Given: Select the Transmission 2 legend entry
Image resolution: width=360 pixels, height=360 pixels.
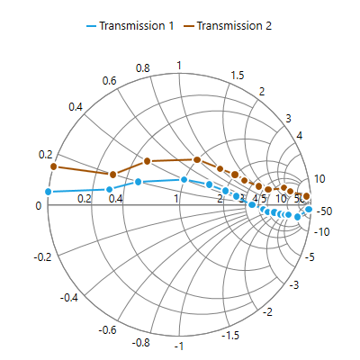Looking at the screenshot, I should point(228,26).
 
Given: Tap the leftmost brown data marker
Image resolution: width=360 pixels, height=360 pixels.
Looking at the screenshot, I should point(54,166).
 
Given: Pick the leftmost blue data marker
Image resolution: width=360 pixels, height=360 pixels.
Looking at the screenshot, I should point(49,192).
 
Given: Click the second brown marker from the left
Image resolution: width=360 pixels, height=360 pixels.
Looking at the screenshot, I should point(112,175).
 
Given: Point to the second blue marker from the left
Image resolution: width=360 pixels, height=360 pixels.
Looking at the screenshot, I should point(109,189).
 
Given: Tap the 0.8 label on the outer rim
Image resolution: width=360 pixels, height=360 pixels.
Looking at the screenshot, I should point(142,68).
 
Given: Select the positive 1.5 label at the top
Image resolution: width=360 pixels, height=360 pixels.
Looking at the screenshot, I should point(238,75).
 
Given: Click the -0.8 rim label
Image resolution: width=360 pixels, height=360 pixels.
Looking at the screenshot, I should point(140,342).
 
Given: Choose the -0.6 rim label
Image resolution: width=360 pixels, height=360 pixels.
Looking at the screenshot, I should point(107,330).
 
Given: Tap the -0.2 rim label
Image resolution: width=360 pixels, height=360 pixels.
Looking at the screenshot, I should point(43,257).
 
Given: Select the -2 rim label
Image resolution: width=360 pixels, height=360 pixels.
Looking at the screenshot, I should point(267,311).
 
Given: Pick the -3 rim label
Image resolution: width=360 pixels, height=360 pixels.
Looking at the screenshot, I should point(293,284).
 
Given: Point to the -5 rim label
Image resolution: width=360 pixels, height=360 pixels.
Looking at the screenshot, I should point(311,257).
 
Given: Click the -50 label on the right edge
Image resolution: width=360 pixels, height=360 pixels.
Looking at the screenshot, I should point(325,211).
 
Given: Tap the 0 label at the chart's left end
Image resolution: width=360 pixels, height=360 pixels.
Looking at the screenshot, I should point(38,206).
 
